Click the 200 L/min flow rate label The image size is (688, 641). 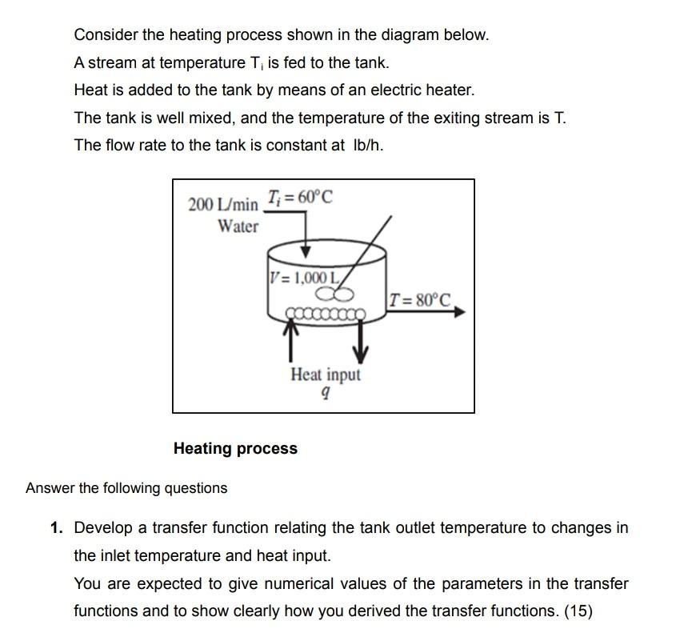(223, 204)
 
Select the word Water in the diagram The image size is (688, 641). (238, 226)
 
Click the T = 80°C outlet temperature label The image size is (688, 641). (419, 301)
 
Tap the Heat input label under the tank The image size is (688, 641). (326, 375)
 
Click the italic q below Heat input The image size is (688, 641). (324, 394)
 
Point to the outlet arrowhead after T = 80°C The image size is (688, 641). (458, 313)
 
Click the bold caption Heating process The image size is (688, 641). (235, 449)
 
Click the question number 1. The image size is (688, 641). (55, 528)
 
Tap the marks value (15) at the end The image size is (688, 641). (578, 611)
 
